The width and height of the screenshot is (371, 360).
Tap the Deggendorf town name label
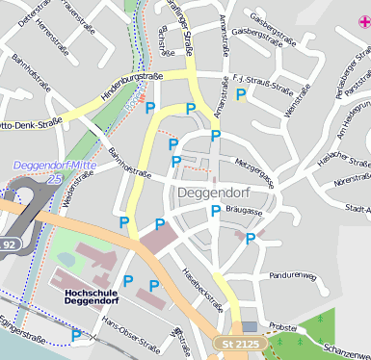click(213, 193)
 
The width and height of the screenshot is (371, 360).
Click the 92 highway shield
click(9, 244)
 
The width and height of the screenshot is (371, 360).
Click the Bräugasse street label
click(243, 208)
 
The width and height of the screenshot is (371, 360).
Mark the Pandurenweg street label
click(292, 276)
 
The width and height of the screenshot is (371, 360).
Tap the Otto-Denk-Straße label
click(30, 122)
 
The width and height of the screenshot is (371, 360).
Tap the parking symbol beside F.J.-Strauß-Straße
click(242, 94)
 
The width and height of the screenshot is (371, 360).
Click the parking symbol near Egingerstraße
click(76, 336)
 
